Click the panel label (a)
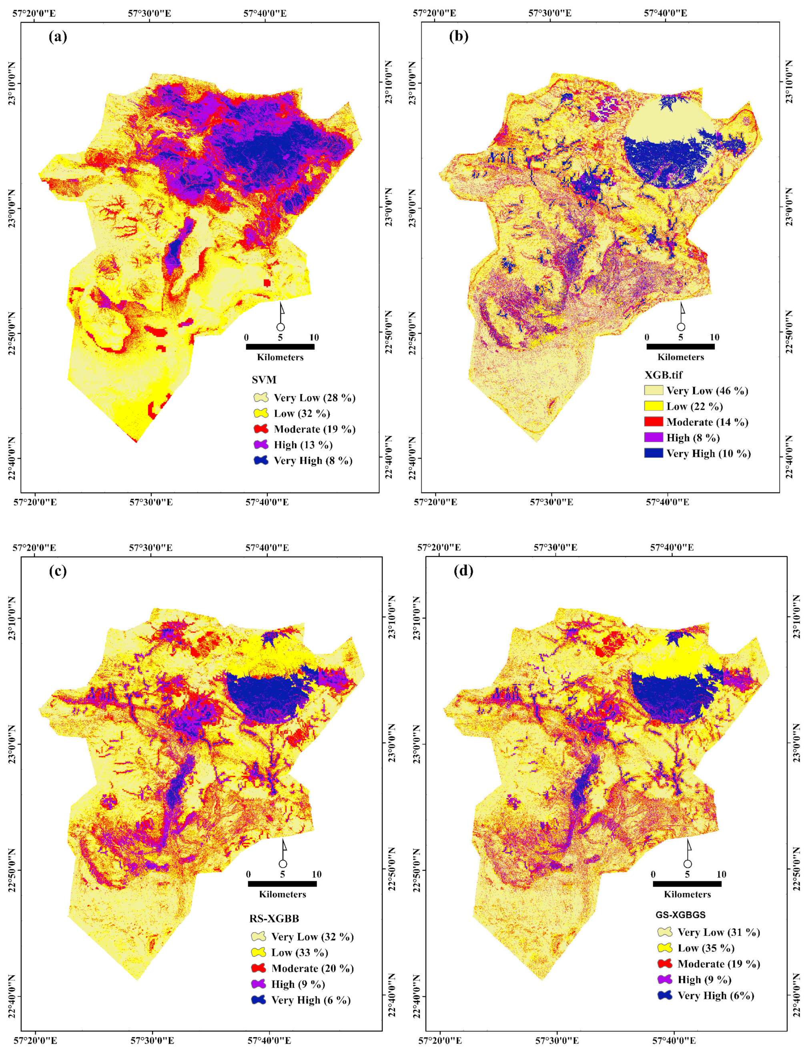(58, 37)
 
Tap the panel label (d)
(463, 571)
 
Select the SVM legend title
(264, 380)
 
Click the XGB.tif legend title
(664, 374)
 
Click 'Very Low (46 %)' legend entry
(707, 390)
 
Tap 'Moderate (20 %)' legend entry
(312, 968)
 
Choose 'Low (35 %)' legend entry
(706, 948)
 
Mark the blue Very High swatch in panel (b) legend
(653, 453)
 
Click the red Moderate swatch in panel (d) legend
(665, 963)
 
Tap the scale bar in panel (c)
(282, 884)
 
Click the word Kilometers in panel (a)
(280, 357)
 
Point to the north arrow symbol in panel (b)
(681, 318)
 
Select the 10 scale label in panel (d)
(721, 874)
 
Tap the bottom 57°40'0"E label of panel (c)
(269, 1040)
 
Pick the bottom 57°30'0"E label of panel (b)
(551, 502)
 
